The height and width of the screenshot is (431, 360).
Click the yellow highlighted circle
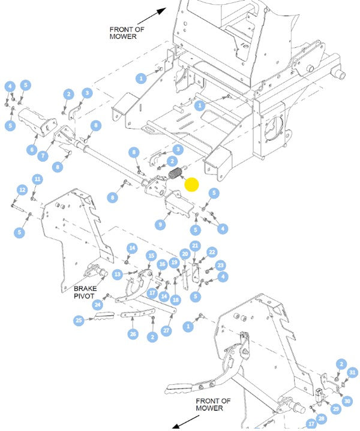[x=191, y=184]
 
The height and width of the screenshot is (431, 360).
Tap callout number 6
[x=32, y=149]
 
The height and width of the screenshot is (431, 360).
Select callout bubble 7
[x=43, y=156]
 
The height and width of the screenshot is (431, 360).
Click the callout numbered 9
[x=160, y=225]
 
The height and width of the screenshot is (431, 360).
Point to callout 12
[x=22, y=189]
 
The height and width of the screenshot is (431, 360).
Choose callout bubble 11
[x=37, y=179]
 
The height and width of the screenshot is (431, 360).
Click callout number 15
[x=151, y=256]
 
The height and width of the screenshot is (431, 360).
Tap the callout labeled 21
[x=195, y=245]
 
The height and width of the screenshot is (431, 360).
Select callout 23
[x=220, y=265]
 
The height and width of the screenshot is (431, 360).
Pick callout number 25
[x=79, y=320]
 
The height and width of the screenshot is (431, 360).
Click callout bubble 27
[x=166, y=330]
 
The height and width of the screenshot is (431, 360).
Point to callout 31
[x=352, y=372]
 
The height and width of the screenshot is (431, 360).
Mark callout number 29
[x=336, y=409]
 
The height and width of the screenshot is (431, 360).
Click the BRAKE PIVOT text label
[x=85, y=292]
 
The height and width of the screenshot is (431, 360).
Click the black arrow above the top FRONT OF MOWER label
[x=152, y=16]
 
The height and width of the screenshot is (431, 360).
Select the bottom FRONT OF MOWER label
[x=213, y=405]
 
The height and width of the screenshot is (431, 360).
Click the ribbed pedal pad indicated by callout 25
[x=104, y=316]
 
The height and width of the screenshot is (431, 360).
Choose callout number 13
[x=118, y=274]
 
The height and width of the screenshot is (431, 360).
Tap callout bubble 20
[x=185, y=254]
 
